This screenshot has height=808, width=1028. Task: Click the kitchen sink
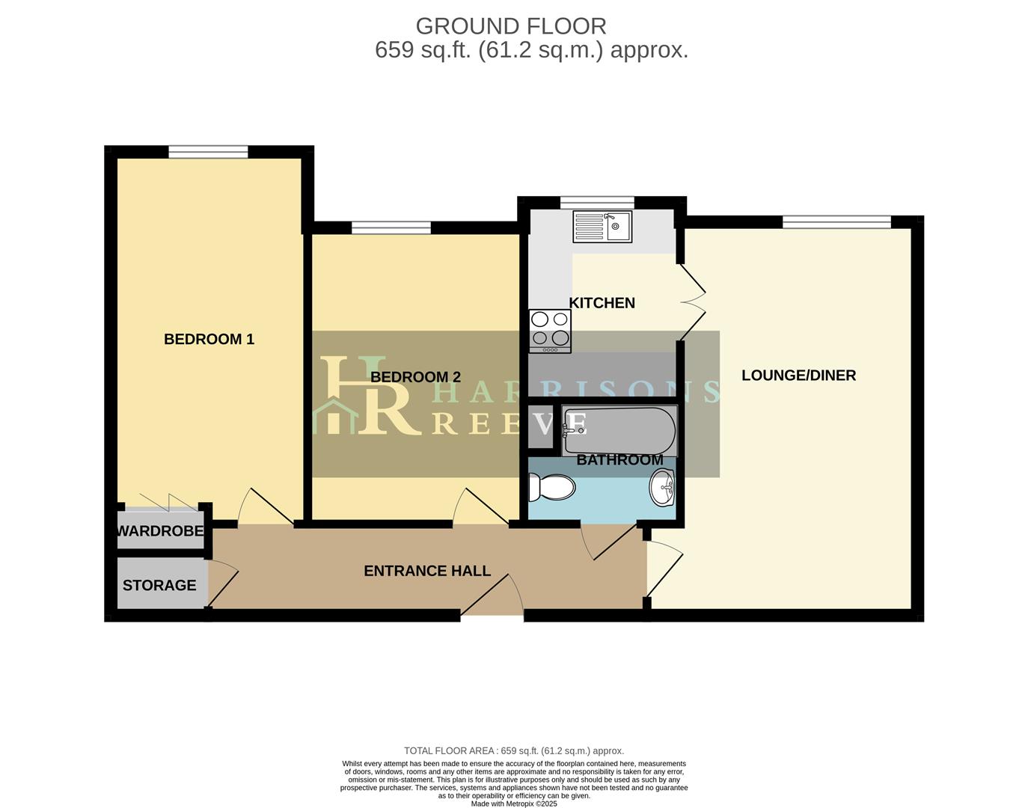click(602, 227)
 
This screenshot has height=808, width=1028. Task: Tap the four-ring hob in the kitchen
click(550, 331)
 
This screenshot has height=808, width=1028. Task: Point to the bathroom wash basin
click(662, 488)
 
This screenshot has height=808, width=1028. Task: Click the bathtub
click(619, 431)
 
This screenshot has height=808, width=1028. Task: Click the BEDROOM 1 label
click(209, 339)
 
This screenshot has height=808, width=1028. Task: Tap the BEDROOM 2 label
click(415, 377)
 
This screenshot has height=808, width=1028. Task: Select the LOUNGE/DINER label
click(798, 376)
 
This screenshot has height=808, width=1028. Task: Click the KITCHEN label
click(602, 303)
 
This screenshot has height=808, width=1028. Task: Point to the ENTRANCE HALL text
click(427, 571)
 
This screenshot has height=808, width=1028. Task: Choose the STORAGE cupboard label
click(159, 585)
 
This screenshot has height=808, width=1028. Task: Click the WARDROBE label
click(160, 531)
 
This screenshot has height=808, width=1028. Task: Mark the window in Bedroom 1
click(208, 152)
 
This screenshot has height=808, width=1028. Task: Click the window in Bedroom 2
click(391, 227)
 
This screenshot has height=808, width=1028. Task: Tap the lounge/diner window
click(836, 221)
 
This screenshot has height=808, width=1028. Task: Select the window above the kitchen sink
click(597, 202)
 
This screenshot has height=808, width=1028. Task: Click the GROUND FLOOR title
click(511, 26)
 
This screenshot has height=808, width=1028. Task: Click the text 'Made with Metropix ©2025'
click(514, 804)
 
